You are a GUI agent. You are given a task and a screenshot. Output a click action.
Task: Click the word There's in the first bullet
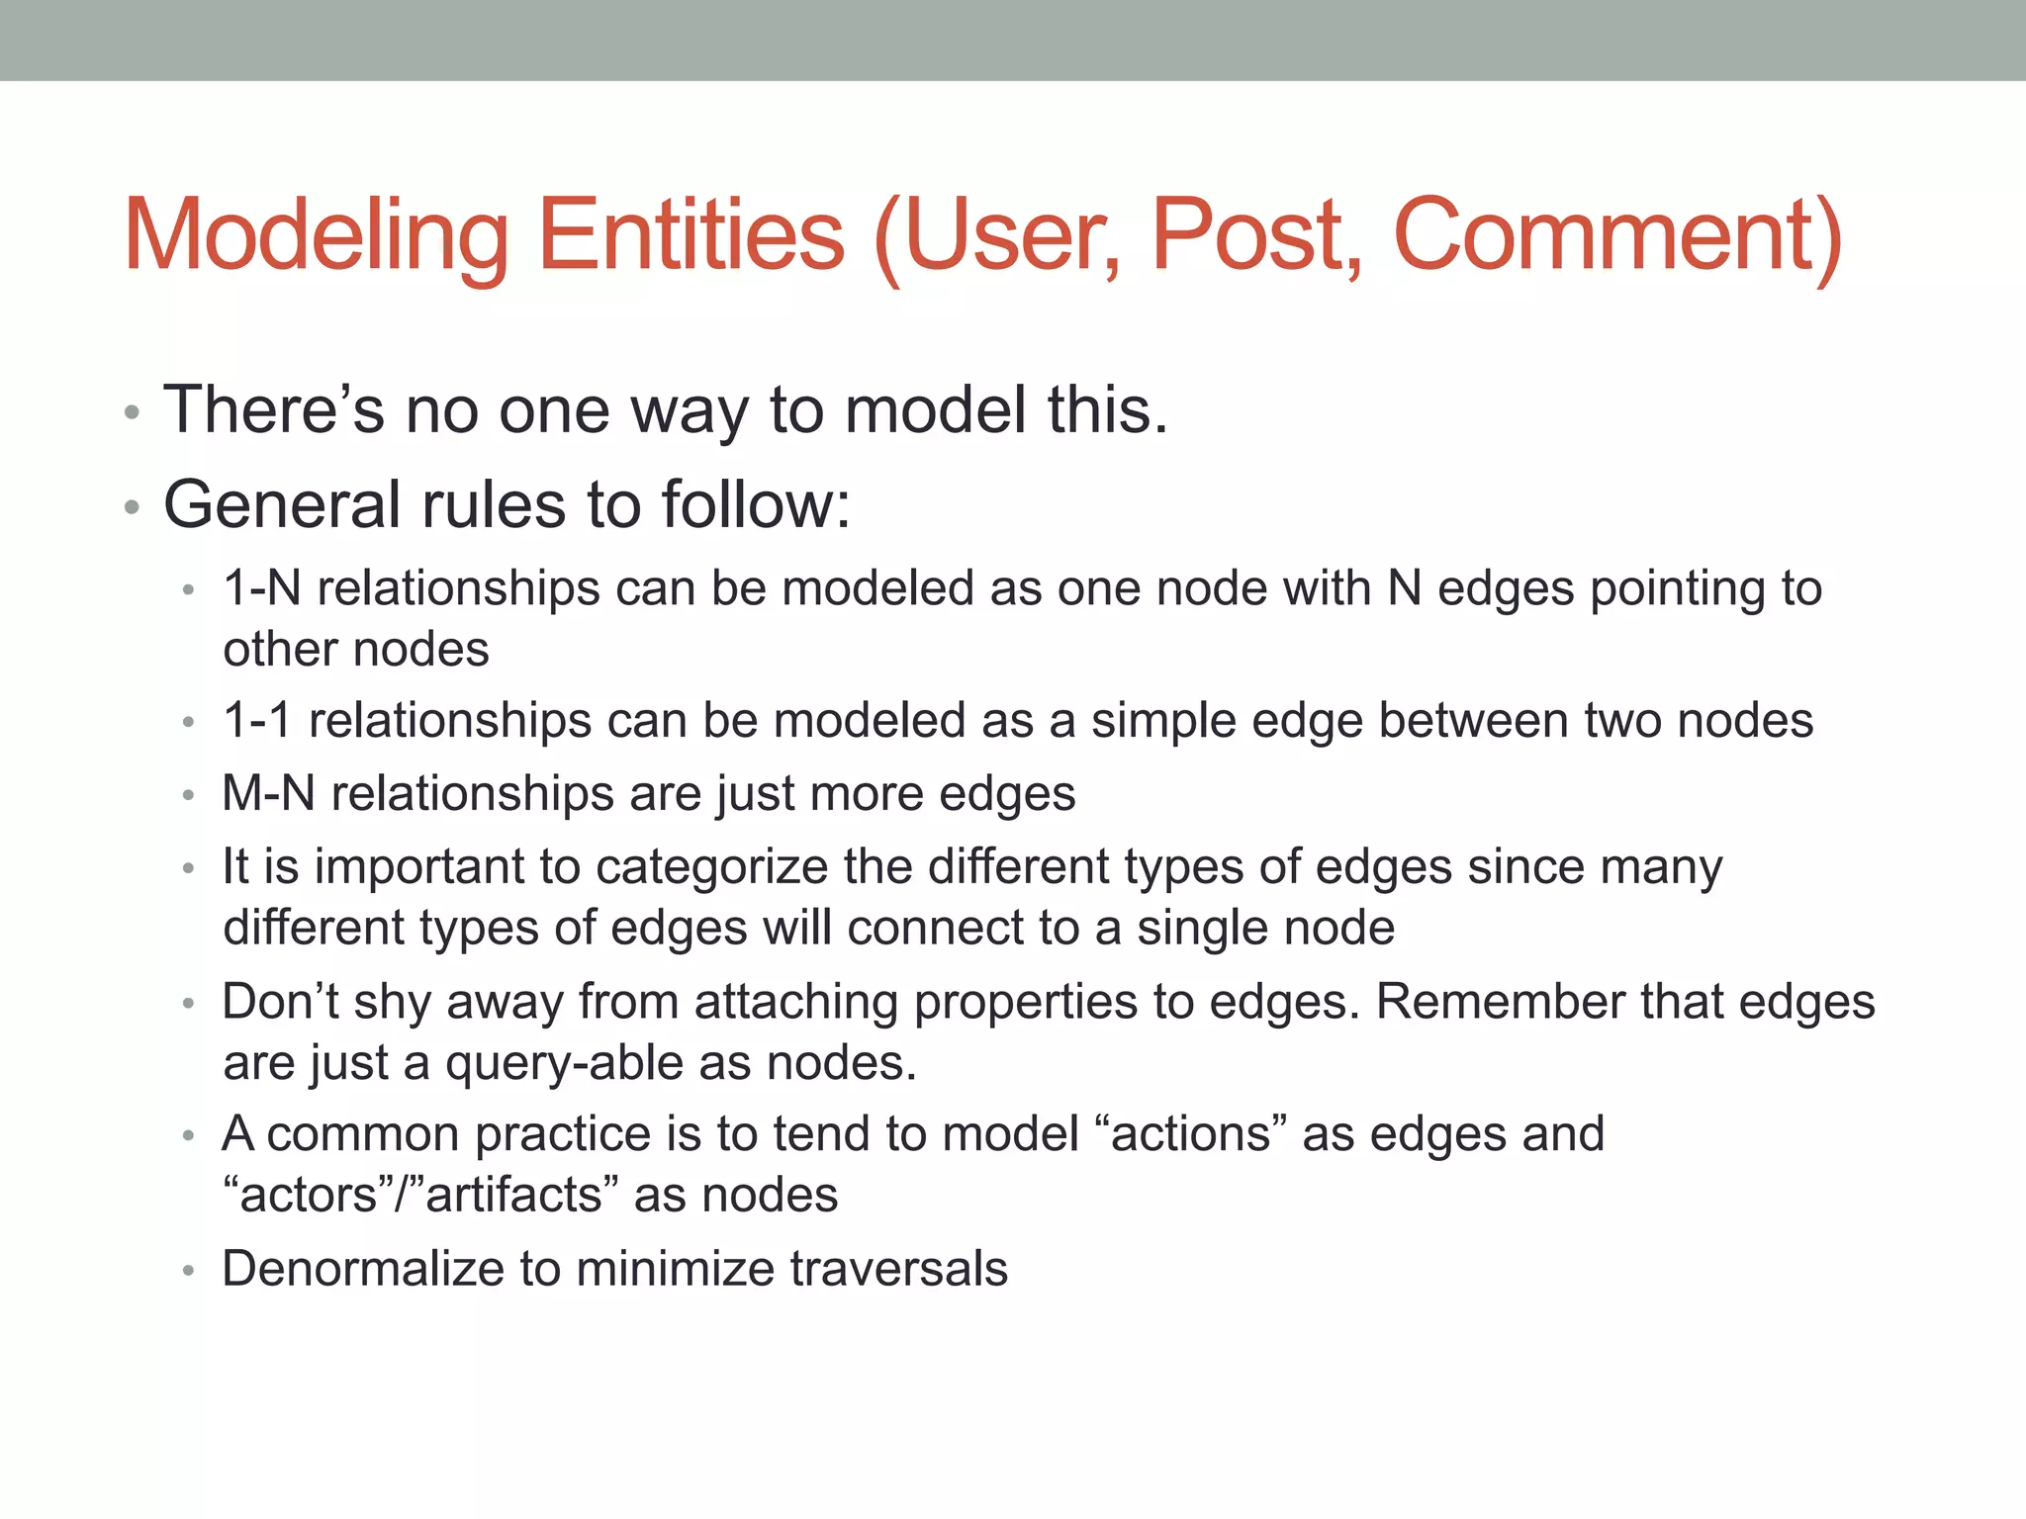coord(273,409)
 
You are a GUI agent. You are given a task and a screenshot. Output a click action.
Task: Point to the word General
coord(282,504)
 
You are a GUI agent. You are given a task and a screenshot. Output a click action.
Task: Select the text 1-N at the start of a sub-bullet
coord(261,588)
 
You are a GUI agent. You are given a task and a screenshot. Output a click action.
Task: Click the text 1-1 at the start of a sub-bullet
coord(257,720)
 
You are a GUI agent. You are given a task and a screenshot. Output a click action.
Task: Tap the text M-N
coord(268,793)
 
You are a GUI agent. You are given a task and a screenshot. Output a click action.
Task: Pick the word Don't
coord(280,1001)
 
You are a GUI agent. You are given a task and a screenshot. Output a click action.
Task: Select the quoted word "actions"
coord(1191,1133)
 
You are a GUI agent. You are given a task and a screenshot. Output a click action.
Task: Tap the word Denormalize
coord(362,1269)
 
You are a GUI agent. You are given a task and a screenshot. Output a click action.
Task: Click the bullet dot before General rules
coord(133,507)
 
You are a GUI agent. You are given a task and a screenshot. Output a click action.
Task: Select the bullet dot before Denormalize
coord(188,1271)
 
